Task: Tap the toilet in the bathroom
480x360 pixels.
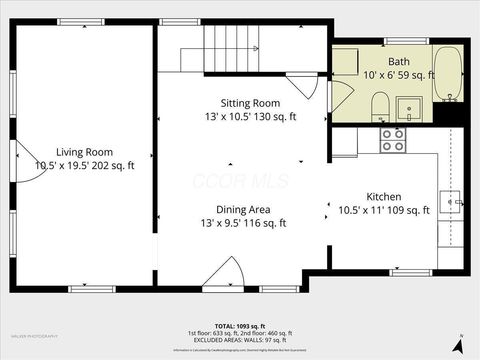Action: (x=380, y=105)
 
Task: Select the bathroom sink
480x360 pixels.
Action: (x=411, y=108)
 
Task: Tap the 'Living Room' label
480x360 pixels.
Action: (x=84, y=151)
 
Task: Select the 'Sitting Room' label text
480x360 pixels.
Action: (x=250, y=103)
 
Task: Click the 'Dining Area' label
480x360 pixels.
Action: (x=245, y=209)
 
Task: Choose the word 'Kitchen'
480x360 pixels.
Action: (x=384, y=196)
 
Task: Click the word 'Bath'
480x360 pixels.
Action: (x=399, y=61)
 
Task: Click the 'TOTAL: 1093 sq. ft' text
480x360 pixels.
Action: (x=240, y=325)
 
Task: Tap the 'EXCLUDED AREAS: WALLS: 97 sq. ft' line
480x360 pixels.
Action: (x=240, y=339)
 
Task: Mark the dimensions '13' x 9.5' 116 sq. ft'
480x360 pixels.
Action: (x=245, y=223)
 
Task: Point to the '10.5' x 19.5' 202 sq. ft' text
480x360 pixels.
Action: (x=84, y=165)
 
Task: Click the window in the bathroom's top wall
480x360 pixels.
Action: (x=407, y=41)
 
